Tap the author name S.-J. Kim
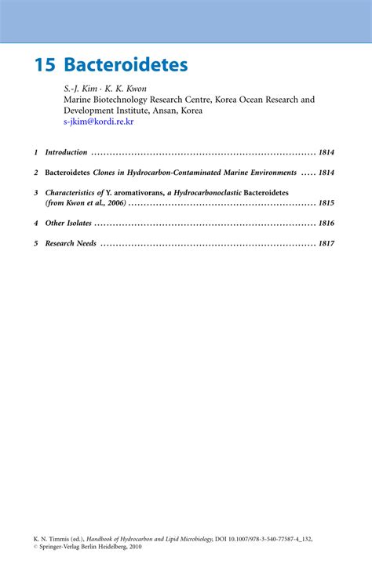click(80, 89)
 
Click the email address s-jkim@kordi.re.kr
click(99, 122)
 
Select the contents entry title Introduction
click(67, 152)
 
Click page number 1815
click(326, 203)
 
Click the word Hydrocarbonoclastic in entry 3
click(205, 192)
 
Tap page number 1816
click(326, 224)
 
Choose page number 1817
click(326, 243)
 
